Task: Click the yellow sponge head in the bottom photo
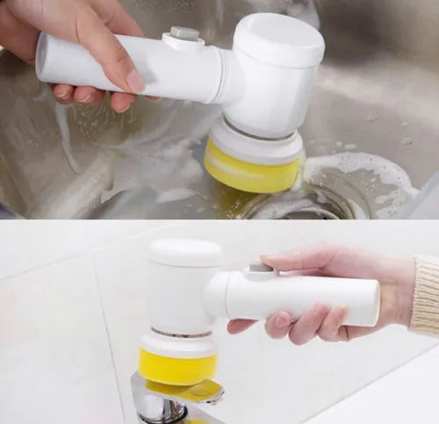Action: [x=177, y=366]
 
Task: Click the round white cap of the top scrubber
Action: [x=279, y=40]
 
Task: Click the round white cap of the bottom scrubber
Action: [x=185, y=253]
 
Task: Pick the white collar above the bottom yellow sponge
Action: [x=178, y=342]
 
